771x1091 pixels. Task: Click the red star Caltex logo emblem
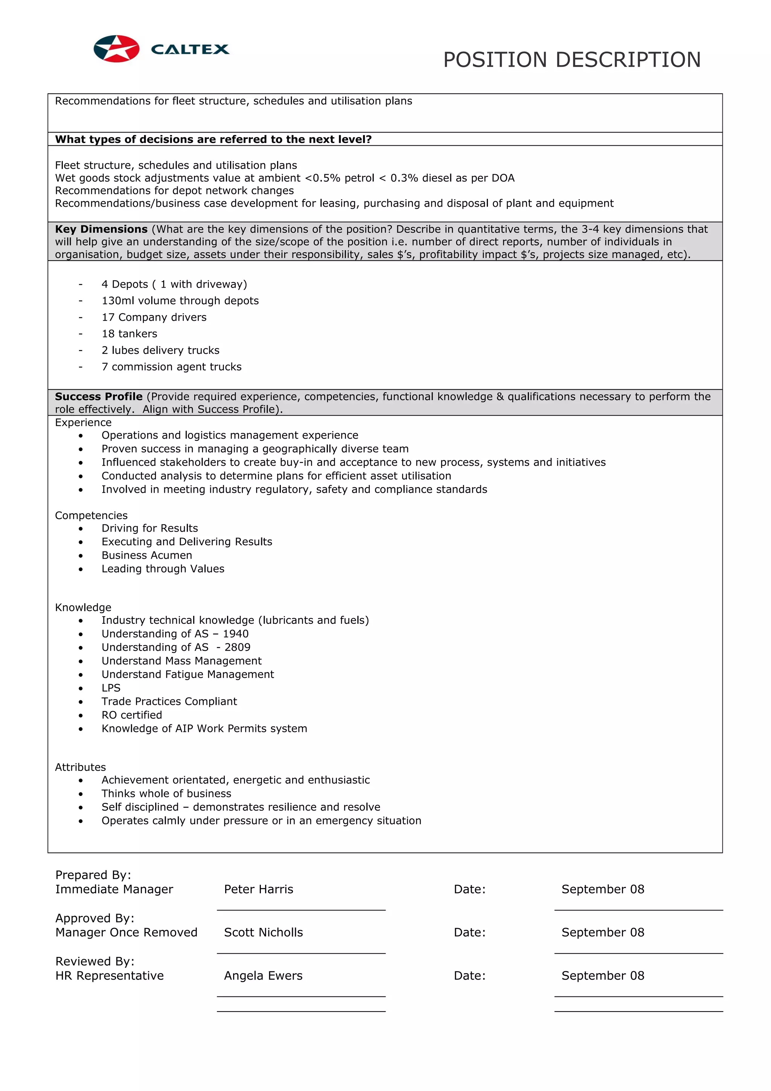point(116,49)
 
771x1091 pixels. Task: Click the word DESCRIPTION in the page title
point(628,60)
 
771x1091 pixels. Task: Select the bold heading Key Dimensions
point(101,229)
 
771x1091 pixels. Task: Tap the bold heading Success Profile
point(98,396)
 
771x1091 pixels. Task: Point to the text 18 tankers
point(129,334)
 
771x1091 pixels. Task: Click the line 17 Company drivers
point(154,317)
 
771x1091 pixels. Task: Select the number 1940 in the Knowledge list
point(236,634)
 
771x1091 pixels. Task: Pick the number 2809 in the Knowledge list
point(237,647)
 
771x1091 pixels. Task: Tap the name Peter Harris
point(258,889)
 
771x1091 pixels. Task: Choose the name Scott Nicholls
point(263,932)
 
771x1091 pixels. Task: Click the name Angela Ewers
point(263,975)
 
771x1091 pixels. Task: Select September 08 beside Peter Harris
point(602,889)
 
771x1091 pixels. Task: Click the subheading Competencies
point(91,515)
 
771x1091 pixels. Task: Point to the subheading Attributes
point(80,767)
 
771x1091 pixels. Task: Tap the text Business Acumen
point(147,555)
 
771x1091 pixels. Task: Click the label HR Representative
point(109,975)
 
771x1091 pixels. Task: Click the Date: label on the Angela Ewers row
point(469,975)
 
